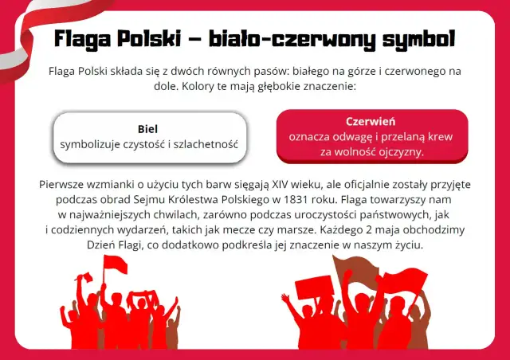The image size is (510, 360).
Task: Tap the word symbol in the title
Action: (x=416, y=38)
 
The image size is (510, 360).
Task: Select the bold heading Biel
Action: (x=148, y=129)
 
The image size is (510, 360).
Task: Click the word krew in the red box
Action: (x=435, y=136)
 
